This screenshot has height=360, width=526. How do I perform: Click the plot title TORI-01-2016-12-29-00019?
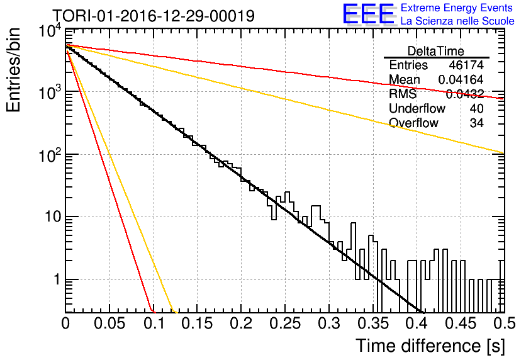[x=154, y=16]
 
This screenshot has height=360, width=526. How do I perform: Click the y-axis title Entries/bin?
[x=13, y=70]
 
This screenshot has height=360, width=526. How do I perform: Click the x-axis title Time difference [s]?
[x=430, y=346]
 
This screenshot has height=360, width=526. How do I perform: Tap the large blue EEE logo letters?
[x=369, y=14]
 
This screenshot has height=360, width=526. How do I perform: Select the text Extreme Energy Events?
[x=457, y=8]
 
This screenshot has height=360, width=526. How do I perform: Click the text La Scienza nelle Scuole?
[x=457, y=21]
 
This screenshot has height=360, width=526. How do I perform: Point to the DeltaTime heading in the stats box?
[x=436, y=51]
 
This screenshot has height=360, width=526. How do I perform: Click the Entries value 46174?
[x=466, y=65]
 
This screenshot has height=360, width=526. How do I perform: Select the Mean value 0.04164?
[x=461, y=79]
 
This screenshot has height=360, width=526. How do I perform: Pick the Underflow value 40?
[x=476, y=108]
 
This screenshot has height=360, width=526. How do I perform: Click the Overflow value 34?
[x=476, y=123]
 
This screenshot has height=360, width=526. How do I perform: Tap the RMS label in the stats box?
[x=403, y=94]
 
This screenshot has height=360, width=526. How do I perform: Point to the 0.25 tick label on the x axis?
[x=285, y=323]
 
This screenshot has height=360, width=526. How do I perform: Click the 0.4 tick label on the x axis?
[x=417, y=323]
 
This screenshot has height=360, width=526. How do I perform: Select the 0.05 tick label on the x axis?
[x=109, y=323]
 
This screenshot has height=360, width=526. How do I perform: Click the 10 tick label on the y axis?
[x=53, y=217]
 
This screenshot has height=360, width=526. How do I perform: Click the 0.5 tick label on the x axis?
[x=505, y=323]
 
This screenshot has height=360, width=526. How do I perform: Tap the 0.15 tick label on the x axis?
[x=198, y=323]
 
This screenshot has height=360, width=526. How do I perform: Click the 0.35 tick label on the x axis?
[x=373, y=323]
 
